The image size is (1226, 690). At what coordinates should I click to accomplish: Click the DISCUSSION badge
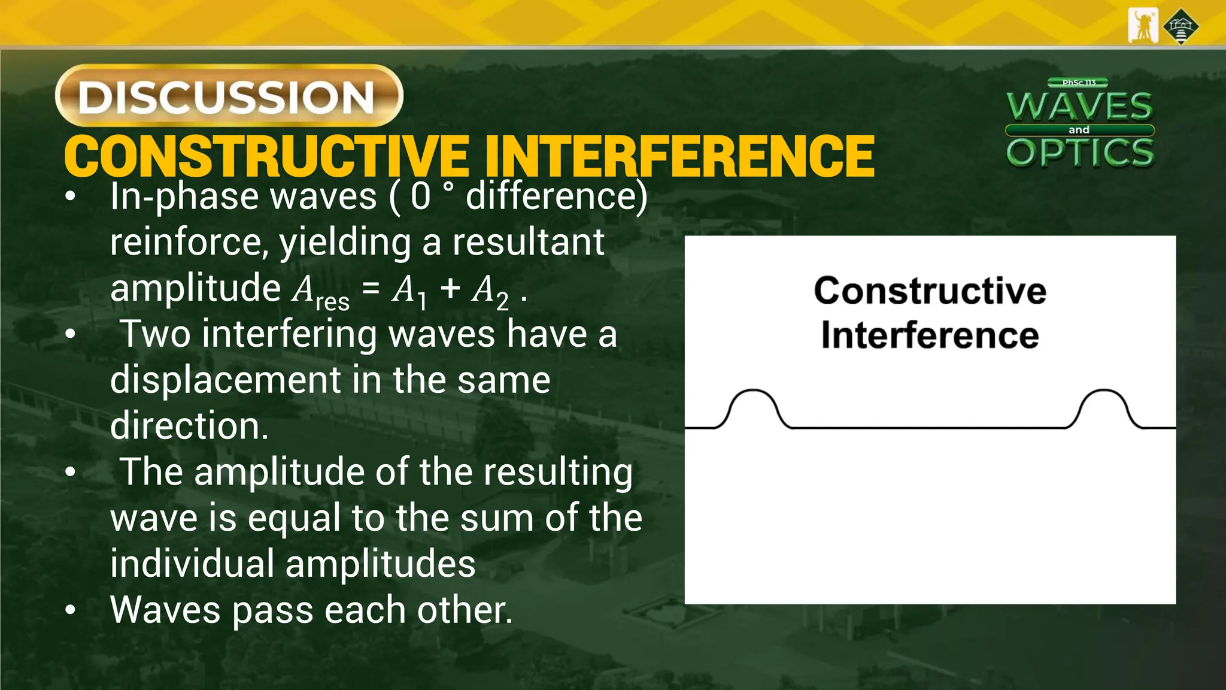[229, 96]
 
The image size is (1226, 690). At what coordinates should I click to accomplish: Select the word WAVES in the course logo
[1079, 107]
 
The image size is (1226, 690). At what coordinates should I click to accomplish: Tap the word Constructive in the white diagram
[930, 291]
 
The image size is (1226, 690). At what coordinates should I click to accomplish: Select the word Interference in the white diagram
[930, 335]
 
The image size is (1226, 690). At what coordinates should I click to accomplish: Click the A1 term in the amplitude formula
[409, 291]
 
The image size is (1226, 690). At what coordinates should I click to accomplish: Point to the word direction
[189, 425]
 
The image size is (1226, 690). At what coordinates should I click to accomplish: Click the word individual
[192, 564]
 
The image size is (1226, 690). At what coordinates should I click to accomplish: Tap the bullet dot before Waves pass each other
[71, 610]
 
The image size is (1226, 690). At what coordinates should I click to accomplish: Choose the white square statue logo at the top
[1143, 26]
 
